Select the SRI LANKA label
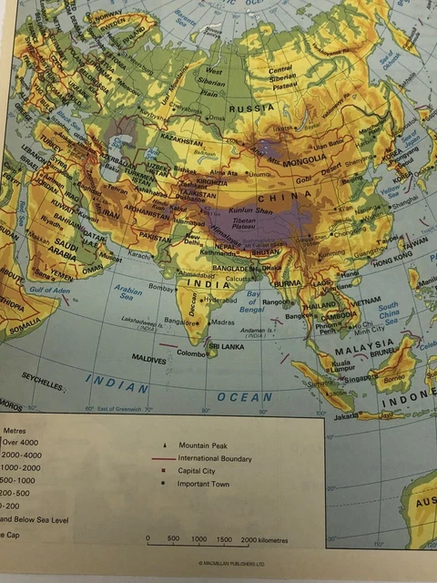pyautogui.click(x=225, y=346)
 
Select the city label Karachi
pyautogui.click(x=139, y=256)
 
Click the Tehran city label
pyautogui.click(x=117, y=189)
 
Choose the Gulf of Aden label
pyautogui.click(x=49, y=290)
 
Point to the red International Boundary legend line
pyautogui.click(x=163, y=458)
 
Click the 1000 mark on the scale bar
pyautogui.click(x=198, y=539)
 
